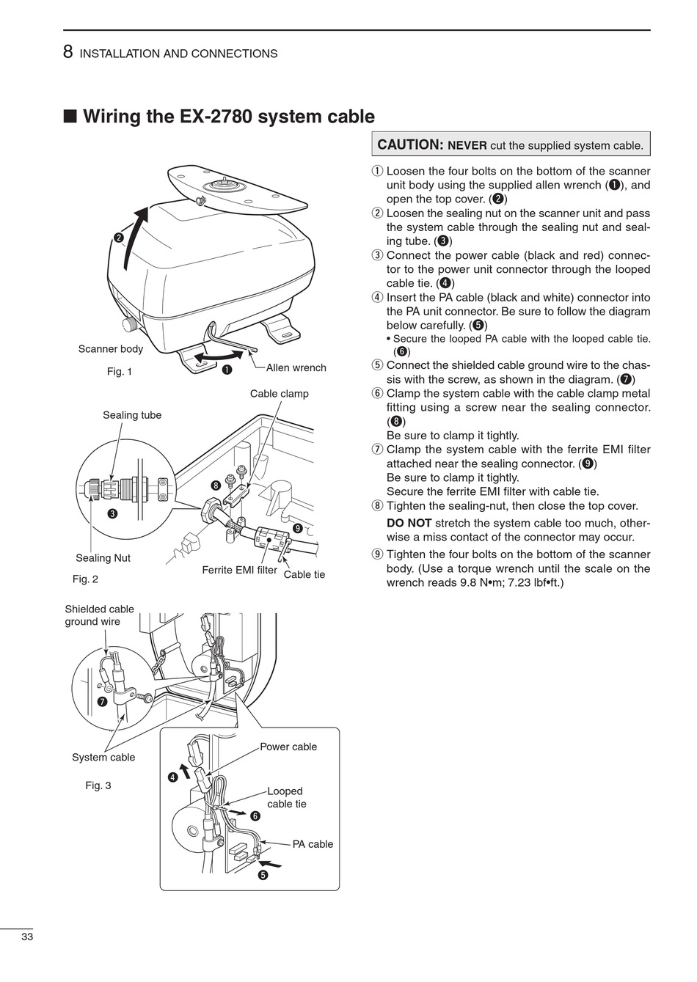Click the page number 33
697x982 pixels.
(x=27, y=937)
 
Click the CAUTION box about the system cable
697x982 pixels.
(x=511, y=144)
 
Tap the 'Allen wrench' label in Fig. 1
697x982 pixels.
(x=296, y=367)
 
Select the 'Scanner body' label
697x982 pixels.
(x=111, y=349)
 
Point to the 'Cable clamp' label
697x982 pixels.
(x=279, y=394)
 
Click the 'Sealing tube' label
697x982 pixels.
(x=132, y=415)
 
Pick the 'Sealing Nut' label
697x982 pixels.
(x=103, y=558)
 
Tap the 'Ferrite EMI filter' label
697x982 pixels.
(x=239, y=570)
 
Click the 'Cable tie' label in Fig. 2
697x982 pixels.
(x=304, y=574)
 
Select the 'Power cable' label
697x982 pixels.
(x=288, y=747)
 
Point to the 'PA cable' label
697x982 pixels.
(x=313, y=844)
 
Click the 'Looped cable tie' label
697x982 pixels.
(x=286, y=798)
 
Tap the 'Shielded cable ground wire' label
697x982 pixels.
(x=100, y=615)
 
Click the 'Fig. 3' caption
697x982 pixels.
(x=98, y=785)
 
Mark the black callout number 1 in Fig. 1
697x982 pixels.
(x=227, y=369)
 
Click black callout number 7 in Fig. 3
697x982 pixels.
(x=103, y=702)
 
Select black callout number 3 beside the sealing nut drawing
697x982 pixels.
(x=112, y=513)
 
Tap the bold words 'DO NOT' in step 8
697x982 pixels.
(x=409, y=523)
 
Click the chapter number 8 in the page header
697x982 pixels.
(x=67, y=52)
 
